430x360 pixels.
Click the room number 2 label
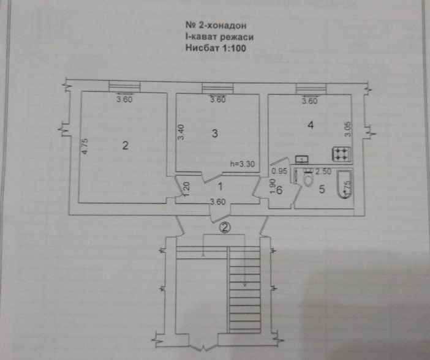[x=125, y=146]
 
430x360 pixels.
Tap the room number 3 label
[x=215, y=135]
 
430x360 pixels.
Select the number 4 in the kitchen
[x=311, y=126]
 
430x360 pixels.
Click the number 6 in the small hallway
[x=279, y=191]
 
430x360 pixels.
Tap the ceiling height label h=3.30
[x=241, y=164]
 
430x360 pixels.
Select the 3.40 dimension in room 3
[x=181, y=133]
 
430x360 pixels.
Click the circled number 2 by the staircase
[x=225, y=228]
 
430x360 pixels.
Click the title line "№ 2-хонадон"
[x=216, y=26]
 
